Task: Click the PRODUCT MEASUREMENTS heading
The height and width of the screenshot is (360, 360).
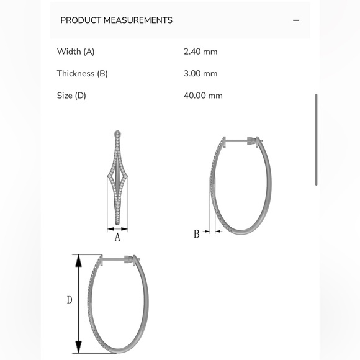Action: [x=116, y=20]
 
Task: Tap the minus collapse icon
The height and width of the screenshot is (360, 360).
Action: [x=296, y=20]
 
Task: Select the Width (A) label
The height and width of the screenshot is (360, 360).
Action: [x=76, y=52]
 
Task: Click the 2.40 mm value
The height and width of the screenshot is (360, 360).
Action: [x=200, y=52]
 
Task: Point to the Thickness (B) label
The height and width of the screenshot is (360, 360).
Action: [x=83, y=74]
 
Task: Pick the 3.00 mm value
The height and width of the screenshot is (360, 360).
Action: [x=200, y=74]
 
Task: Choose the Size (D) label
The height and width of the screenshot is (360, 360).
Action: [x=71, y=96]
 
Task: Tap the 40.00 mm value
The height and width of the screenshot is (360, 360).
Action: [x=203, y=96]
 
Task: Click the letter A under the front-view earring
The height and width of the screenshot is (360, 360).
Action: [x=117, y=236]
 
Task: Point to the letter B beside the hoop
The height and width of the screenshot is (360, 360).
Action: [x=196, y=234]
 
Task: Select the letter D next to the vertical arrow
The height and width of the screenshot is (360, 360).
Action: [x=70, y=300]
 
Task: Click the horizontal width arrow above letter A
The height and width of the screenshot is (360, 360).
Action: [x=117, y=227]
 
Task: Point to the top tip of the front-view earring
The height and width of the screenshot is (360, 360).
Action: [x=117, y=133]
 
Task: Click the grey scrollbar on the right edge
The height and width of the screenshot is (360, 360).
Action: [x=317, y=140]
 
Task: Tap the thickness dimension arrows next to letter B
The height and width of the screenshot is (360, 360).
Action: [x=214, y=232]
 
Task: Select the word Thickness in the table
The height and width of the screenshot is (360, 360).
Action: [x=76, y=74]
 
